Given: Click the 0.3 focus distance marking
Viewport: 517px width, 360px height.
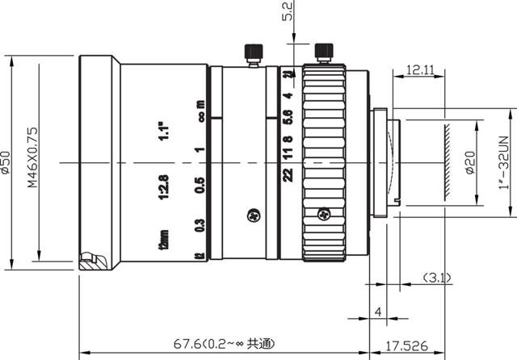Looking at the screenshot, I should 200,227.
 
